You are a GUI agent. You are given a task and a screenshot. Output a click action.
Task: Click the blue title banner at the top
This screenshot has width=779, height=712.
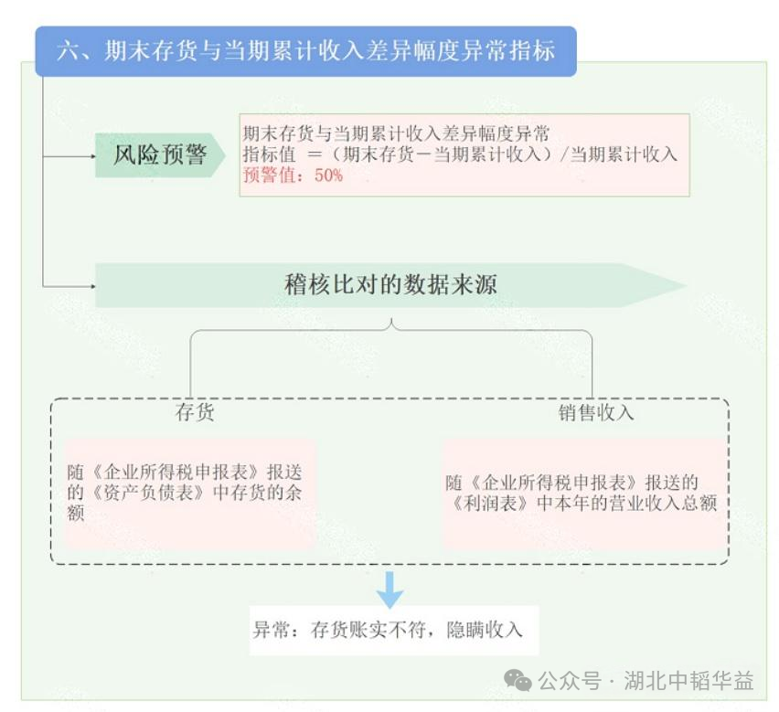point(305,50)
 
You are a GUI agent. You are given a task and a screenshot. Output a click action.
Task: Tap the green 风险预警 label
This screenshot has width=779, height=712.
point(159,155)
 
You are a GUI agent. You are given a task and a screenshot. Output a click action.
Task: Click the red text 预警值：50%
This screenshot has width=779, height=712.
point(293,175)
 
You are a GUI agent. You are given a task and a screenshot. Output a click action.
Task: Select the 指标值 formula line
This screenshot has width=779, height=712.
point(460,154)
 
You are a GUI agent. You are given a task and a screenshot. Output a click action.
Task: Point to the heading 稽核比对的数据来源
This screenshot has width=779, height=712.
point(391,285)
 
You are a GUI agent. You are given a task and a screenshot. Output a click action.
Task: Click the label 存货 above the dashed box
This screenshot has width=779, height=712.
point(195,412)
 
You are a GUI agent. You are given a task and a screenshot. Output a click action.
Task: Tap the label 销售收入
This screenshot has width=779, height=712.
point(596,412)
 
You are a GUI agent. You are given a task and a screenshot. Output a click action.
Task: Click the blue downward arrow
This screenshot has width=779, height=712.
point(390,590)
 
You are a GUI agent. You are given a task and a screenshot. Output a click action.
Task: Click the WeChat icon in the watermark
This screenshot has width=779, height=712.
point(518,681)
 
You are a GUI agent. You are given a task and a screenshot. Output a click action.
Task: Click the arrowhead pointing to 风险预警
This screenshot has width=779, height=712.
point(91,156)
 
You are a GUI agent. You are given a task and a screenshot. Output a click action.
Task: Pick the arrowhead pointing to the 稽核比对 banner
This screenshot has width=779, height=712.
point(91,286)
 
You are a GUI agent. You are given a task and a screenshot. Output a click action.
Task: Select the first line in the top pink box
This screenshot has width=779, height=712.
point(396,133)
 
